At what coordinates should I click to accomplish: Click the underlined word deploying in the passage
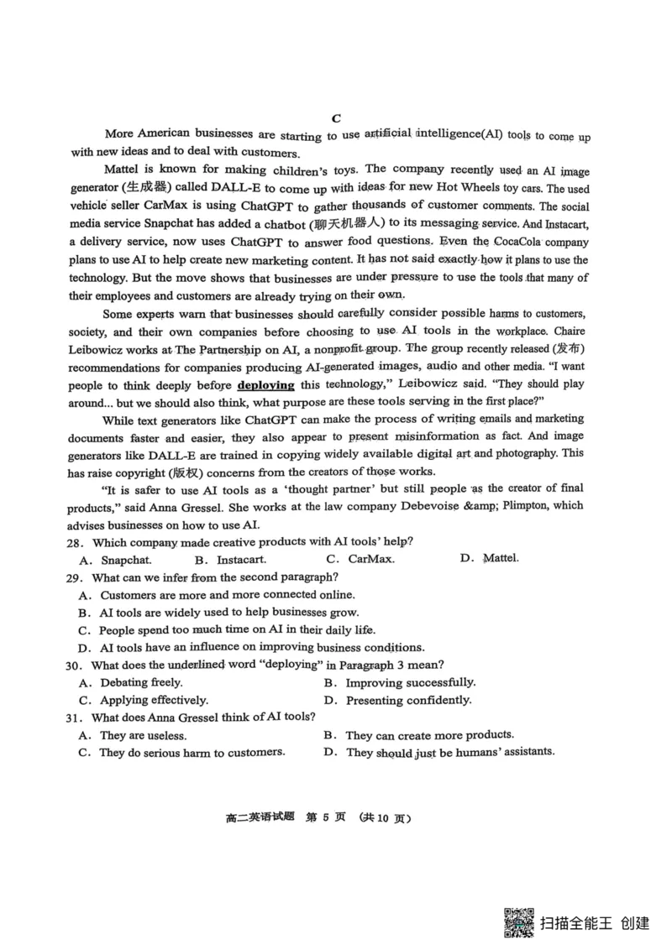265,385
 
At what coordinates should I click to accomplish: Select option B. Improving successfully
399,683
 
